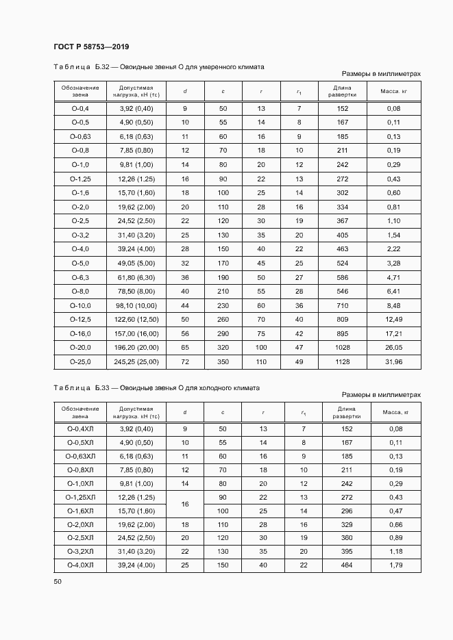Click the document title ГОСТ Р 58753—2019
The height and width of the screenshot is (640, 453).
click(91, 47)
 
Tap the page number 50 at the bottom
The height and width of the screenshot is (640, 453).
click(58, 581)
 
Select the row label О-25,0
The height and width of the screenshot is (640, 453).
click(80, 361)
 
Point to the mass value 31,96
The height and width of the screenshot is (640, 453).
click(393, 361)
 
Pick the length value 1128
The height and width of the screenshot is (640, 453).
click(342, 361)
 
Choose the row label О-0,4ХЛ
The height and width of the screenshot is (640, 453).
click(80, 428)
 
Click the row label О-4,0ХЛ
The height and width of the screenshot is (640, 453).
click(80, 565)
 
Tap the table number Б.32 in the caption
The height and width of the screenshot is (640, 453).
click(102, 67)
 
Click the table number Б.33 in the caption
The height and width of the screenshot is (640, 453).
click(102, 387)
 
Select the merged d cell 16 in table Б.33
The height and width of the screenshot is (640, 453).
click(185, 504)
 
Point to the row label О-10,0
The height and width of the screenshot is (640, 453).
click(80, 305)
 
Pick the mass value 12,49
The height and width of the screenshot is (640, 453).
click(393, 319)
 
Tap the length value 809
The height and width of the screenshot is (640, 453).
click(342, 319)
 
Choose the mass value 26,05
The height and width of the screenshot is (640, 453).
click(393, 348)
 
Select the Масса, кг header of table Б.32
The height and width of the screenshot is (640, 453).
click(393, 92)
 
